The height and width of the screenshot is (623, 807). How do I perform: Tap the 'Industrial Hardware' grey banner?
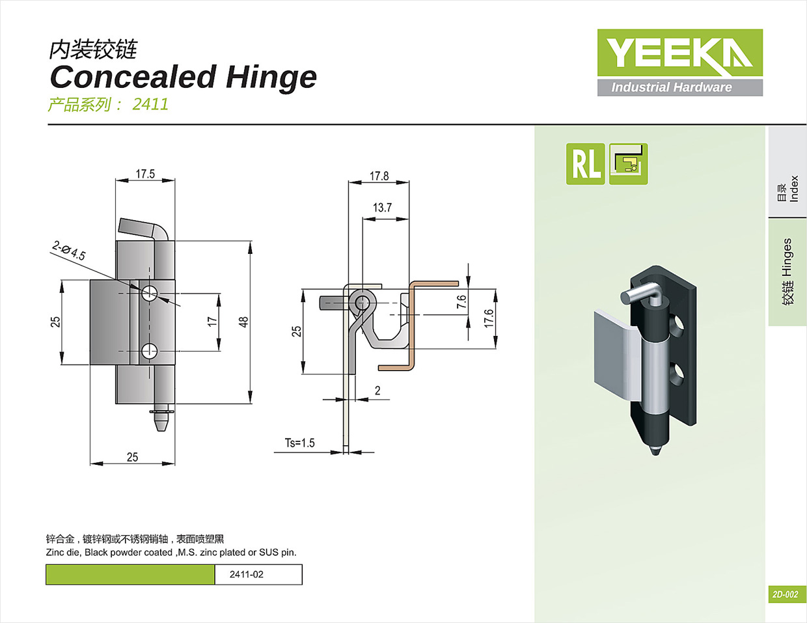(x=679, y=87)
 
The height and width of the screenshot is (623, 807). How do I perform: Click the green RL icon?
(x=585, y=163)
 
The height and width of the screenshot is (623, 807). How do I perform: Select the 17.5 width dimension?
(x=145, y=174)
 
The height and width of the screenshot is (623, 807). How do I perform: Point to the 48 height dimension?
(x=243, y=322)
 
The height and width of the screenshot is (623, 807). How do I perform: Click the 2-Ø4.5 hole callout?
(x=68, y=251)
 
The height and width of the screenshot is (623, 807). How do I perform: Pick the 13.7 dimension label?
(x=382, y=208)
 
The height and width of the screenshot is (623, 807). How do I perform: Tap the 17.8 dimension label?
(x=379, y=176)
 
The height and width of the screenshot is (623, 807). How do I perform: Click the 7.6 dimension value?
(x=461, y=302)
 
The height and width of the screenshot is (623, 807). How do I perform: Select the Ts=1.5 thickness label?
(x=299, y=443)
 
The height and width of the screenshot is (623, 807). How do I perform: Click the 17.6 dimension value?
(x=488, y=318)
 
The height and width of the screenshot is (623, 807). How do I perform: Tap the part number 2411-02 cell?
(x=247, y=574)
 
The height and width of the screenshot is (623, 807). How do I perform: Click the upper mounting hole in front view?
(x=150, y=292)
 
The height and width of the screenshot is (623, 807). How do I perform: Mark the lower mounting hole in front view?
(x=150, y=352)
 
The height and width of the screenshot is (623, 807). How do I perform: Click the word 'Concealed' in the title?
(x=133, y=77)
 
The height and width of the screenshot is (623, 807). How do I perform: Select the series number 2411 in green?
(x=150, y=104)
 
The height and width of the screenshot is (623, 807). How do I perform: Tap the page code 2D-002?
(x=785, y=594)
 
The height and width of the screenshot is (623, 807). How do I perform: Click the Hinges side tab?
(x=787, y=271)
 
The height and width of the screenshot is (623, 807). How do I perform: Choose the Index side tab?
(x=787, y=189)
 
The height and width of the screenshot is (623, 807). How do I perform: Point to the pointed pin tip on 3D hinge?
(x=655, y=450)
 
